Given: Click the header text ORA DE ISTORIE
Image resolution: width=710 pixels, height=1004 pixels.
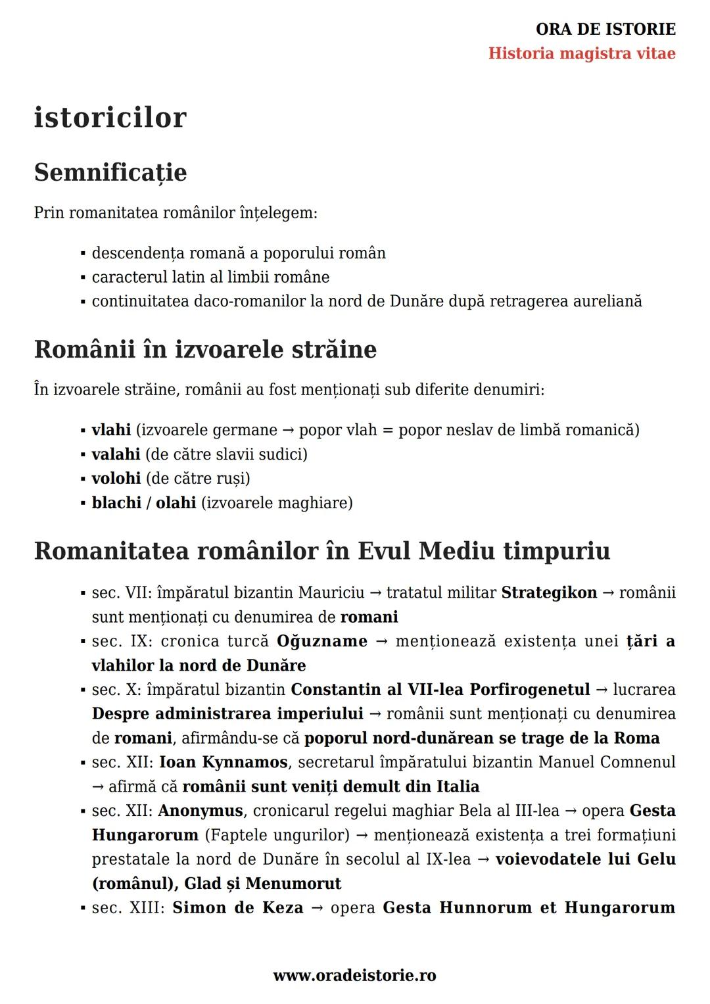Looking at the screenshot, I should tap(605, 29).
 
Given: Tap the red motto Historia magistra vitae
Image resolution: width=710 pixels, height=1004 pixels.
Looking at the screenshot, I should tap(582, 53).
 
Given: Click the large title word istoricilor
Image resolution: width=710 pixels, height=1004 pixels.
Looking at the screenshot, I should tap(110, 118).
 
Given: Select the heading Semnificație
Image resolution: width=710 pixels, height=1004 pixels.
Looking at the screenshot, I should tap(110, 173).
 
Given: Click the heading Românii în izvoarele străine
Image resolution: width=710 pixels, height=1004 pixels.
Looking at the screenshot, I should tap(205, 349).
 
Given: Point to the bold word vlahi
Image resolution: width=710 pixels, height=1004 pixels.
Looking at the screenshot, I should tap(111, 430).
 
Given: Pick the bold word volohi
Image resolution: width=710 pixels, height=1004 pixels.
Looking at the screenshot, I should tap(116, 479).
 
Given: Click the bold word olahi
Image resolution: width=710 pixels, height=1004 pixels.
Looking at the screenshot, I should tap(176, 503).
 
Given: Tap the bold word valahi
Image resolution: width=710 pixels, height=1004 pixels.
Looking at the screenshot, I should tap(116, 454).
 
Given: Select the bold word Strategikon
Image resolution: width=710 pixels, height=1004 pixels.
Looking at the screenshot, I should tap(549, 593).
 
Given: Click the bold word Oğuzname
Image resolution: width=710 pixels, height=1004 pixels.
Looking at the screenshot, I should tap(321, 641).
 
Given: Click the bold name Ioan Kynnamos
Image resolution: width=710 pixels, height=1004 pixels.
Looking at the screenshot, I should tap(223, 763).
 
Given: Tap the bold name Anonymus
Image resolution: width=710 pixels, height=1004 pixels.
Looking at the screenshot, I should tap(200, 811).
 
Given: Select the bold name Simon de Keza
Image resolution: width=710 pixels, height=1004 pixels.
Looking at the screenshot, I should tap(238, 908).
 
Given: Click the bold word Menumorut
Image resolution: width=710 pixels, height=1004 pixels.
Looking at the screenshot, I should tap(293, 884).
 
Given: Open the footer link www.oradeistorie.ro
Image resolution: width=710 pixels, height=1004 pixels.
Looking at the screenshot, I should tap(354, 976).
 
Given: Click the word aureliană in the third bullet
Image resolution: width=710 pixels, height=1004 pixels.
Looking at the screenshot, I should tap(607, 302).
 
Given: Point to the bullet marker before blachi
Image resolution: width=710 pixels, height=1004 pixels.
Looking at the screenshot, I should tap(83, 504).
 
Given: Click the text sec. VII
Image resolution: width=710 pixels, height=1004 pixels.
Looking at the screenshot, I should tap(122, 593).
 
